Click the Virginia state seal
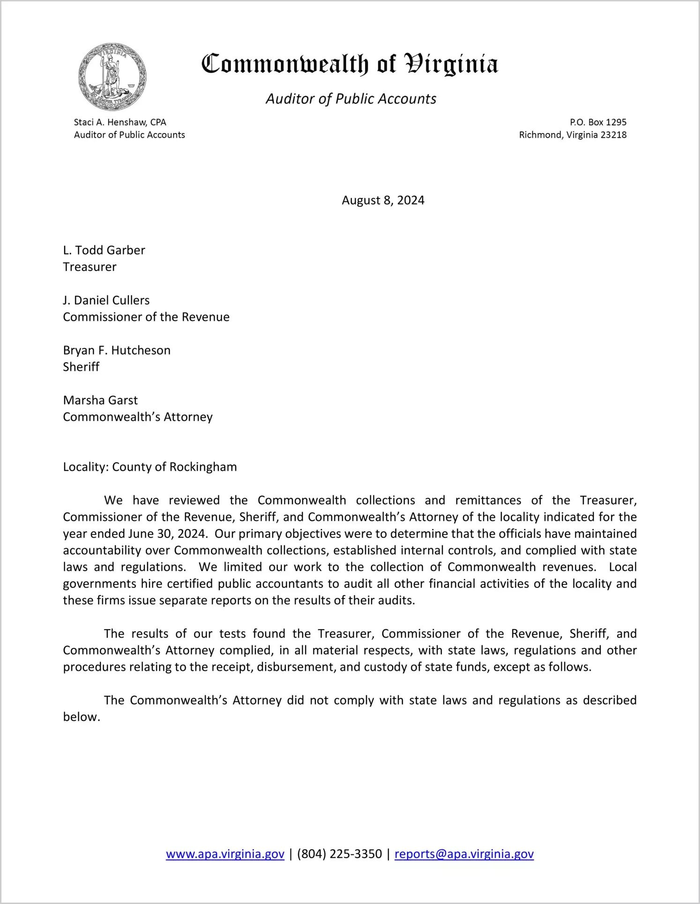coord(112,76)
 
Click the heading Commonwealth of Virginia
coord(350,64)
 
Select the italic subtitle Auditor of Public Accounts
coord(351,99)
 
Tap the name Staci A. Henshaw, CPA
coord(120,122)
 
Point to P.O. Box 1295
coord(598,122)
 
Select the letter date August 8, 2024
coord(383,200)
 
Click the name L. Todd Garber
coord(104,250)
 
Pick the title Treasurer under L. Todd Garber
coord(89,267)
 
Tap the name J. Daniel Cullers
coord(106,300)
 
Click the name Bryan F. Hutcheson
coord(117,350)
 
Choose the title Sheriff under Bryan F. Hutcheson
coord(81,367)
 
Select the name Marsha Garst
coord(100,400)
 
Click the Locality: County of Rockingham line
coord(150,467)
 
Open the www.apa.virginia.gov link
coord(225,854)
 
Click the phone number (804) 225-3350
coord(339,854)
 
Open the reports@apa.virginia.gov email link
coord(464,854)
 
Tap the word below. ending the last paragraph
coord(82,717)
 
